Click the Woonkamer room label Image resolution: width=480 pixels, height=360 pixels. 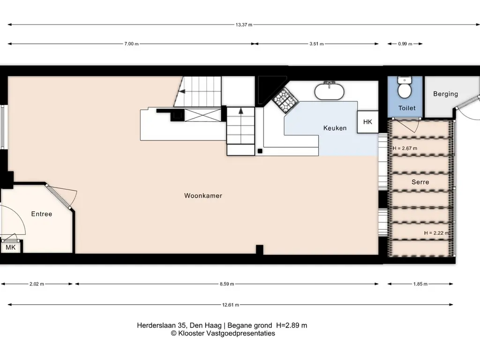(x=203, y=195)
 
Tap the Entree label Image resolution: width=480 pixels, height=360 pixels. (x=42, y=214)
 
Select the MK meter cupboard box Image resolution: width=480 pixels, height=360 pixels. (x=11, y=247)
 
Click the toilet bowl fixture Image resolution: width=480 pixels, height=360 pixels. (x=405, y=88)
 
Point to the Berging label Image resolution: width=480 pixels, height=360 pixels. (x=445, y=94)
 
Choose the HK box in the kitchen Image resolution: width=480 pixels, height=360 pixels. (x=367, y=122)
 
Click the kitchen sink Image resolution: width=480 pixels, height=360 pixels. (x=330, y=91)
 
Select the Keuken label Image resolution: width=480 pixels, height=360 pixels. (x=335, y=128)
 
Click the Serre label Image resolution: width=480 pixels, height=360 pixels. (x=420, y=182)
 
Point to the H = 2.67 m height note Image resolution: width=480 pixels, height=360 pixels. (x=405, y=148)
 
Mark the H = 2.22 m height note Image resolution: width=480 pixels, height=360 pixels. (x=436, y=233)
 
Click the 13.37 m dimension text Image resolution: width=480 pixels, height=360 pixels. (x=244, y=25)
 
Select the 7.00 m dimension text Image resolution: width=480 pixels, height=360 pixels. (x=131, y=44)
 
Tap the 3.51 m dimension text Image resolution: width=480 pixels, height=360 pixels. (x=316, y=44)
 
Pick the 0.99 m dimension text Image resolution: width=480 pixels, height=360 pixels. (x=405, y=44)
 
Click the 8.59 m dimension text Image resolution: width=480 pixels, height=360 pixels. (x=227, y=284)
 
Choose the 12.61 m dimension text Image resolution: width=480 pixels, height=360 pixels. (x=231, y=305)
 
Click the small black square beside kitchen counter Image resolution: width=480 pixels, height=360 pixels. (x=260, y=151)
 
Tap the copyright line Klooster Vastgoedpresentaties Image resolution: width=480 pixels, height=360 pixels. (x=223, y=333)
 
